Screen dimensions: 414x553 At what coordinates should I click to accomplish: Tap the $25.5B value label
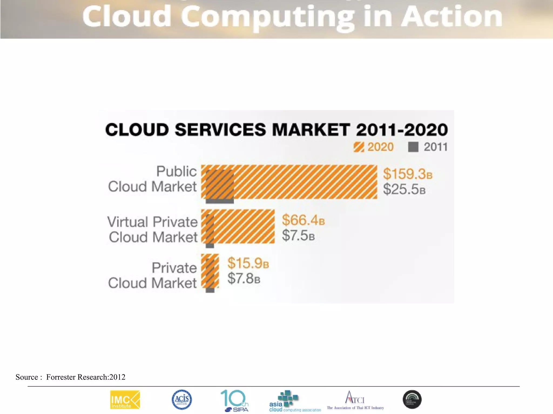coord(404,189)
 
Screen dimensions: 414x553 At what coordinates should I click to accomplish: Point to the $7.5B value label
coord(298,235)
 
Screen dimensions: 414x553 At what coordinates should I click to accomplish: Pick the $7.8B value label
coord(244,278)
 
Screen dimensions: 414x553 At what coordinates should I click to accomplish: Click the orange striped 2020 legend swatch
coord(359,147)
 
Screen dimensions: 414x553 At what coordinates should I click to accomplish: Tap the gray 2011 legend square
coord(413,147)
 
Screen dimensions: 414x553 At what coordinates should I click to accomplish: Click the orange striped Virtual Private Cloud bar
coord(243,226)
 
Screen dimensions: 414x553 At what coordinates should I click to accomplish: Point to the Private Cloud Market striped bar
coord(210,271)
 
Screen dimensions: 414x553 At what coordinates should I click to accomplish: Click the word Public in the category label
coord(177,171)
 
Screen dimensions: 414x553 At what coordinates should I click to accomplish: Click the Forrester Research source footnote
coord(70,377)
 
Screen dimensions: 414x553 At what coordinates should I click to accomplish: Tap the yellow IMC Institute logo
coord(125,399)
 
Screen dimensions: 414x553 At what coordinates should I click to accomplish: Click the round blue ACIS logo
coord(182,399)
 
